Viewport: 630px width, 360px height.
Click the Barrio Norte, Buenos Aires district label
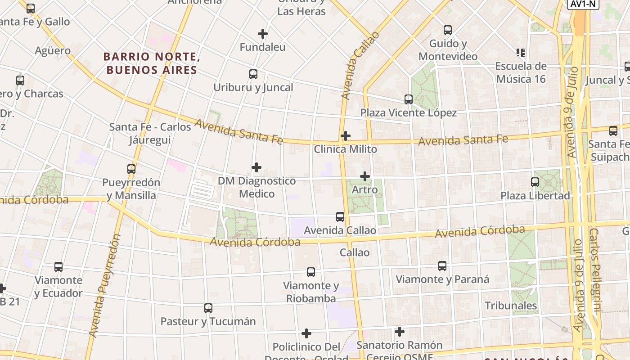tap(152, 63)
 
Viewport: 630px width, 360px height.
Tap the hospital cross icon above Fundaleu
tap(263, 34)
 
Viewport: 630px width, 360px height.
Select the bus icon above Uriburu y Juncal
tap(253, 74)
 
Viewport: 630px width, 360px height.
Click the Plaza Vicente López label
tap(409, 112)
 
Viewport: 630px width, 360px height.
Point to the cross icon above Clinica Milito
tap(346, 136)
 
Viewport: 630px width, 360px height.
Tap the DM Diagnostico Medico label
tap(256, 187)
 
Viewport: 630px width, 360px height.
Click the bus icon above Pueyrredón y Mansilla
tap(131, 169)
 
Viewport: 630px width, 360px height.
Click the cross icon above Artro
tap(365, 176)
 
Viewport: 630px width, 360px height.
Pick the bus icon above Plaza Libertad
tap(535, 182)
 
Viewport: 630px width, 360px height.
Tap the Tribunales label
tap(511, 306)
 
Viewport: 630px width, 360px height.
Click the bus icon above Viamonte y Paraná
tap(442, 266)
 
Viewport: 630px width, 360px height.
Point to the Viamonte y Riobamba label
tap(311, 292)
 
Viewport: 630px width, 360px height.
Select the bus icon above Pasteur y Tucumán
tap(208, 308)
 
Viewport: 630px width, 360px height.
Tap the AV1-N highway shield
tap(584, 4)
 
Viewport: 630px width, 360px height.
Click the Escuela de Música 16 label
tap(521, 72)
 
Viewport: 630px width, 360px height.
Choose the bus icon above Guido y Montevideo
tap(448, 30)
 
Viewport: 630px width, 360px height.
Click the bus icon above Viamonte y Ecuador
tap(58, 267)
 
